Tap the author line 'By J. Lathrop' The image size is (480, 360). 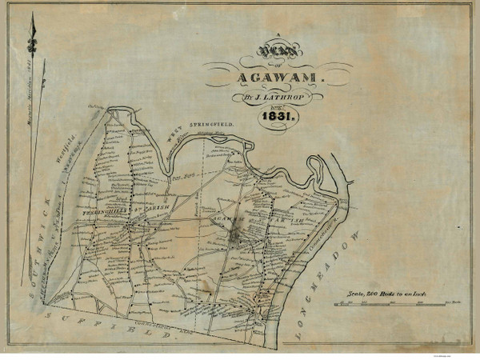[268, 99]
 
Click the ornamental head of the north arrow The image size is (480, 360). [34, 32]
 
